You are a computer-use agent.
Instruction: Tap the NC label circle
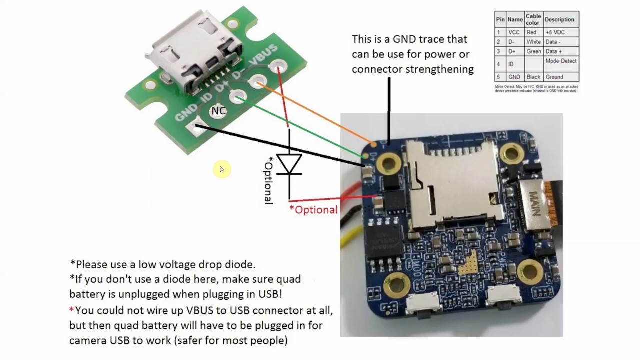coord(218,111)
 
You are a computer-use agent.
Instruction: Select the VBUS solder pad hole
coord(278,66)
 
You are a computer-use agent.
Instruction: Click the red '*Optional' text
coord(313,210)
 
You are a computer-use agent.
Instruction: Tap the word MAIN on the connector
coord(535,202)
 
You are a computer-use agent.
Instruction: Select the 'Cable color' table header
coord(533,19)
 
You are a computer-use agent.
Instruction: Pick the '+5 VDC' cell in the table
coord(555,32)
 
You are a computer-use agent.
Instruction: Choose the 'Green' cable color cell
coord(533,51)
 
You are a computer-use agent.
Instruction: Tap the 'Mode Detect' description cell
coord(561,61)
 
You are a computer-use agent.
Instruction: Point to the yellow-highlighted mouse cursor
coord(221,169)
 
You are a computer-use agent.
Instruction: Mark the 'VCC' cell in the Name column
coord(514,32)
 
